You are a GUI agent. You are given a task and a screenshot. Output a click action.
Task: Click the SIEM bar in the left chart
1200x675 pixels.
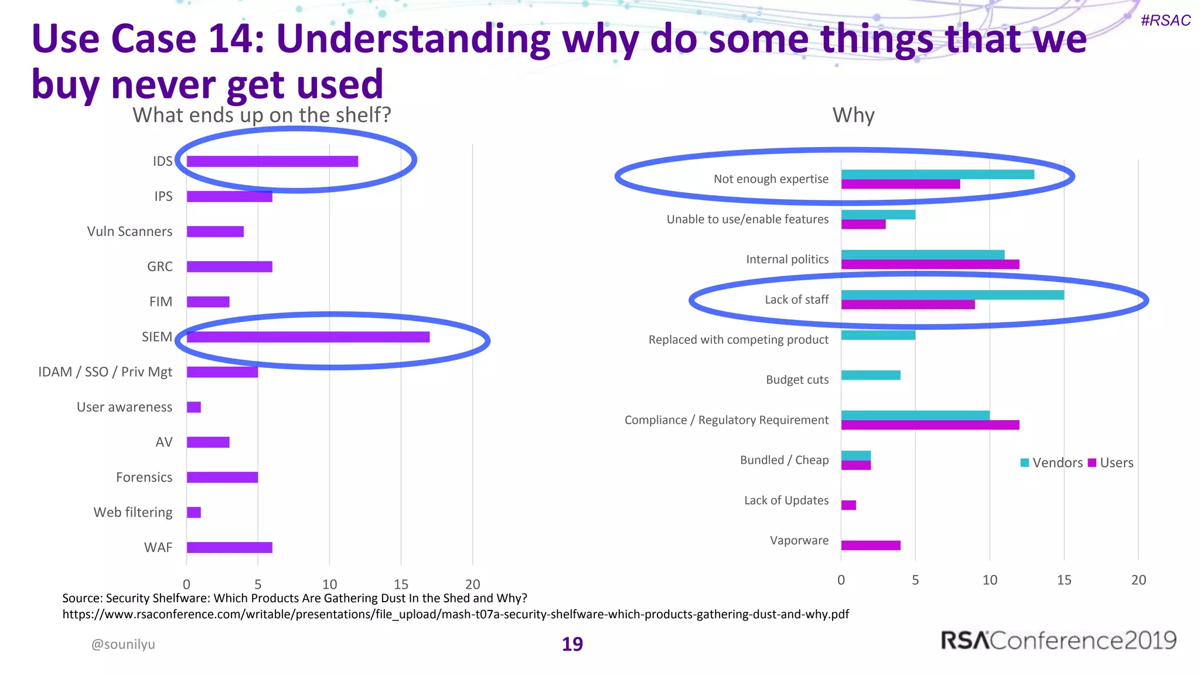pos(308,337)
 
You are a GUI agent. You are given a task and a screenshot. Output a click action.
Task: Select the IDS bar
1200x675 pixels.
pos(272,161)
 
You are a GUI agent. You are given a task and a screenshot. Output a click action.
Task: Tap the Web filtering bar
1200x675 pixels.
pos(194,513)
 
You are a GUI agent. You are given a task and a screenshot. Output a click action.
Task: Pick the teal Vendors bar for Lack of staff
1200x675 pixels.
pos(952,295)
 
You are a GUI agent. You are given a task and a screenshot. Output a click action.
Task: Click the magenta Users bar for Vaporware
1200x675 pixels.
pos(871,546)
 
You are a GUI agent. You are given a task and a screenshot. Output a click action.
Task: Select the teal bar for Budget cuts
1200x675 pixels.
pos(871,375)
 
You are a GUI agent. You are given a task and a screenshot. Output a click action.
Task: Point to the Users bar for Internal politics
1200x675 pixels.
pos(930,264)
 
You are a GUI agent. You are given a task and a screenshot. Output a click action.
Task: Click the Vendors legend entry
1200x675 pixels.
pos(1051,463)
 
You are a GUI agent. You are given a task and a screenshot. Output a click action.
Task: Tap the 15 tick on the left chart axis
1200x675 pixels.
pos(401,584)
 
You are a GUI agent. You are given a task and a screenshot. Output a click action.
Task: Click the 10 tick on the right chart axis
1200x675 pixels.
pos(990,579)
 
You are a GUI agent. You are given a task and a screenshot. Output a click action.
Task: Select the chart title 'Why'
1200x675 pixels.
pos(853,115)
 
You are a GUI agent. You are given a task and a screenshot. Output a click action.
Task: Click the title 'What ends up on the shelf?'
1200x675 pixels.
pos(261,115)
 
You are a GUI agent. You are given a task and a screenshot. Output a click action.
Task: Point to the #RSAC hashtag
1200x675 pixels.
pos(1165,21)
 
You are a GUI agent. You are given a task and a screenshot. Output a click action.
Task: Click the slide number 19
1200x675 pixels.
pos(572,644)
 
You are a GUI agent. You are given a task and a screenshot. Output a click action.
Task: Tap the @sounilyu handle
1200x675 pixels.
pos(123,644)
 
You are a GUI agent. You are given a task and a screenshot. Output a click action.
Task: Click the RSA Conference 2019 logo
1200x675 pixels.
pos(1058,640)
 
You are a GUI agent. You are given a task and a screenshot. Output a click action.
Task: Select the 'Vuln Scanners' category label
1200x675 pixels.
pos(129,231)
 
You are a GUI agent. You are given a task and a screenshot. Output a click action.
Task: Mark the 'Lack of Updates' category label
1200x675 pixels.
pos(786,500)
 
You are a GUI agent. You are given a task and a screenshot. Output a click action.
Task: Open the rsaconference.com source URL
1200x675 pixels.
pos(455,614)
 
